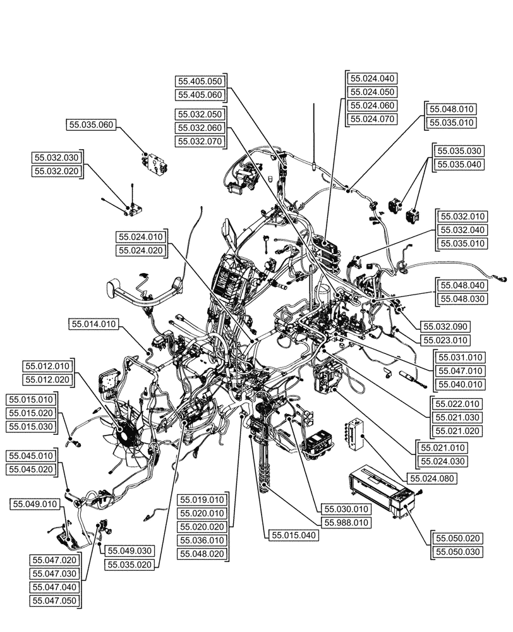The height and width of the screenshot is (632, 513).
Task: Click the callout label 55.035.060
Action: pyautogui.click(x=90, y=125)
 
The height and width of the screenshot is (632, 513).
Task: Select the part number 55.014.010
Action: pyautogui.click(x=92, y=324)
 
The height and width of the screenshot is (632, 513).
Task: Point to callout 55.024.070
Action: pyautogui.click(x=372, y=119)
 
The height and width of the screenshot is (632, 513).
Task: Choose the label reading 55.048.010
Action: pyautogui.click(x=452, y=109)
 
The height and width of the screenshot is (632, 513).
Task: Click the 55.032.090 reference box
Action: pyautogui.click(x=445, y=327)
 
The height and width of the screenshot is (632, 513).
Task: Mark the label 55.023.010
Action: pyautogui.click(x=445, y=341)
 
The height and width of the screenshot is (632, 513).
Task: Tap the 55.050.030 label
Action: pyautogui.click(x=458, y=552)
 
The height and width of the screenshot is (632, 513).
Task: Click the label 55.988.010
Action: pyautogui.click(x=347, y=523)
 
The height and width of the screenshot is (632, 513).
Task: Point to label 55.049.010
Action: pyautogui.click(x=35, y=504)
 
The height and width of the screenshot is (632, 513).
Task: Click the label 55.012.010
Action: pyautogui.click(x=48, y=366)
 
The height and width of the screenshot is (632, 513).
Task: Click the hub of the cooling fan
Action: pyautogui.click(x=127, y=434)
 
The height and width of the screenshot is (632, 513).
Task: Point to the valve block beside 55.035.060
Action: pyautogui.click(x=155, y=162)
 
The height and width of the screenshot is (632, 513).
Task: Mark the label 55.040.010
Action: pyautogui.click(x=458, y=384)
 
